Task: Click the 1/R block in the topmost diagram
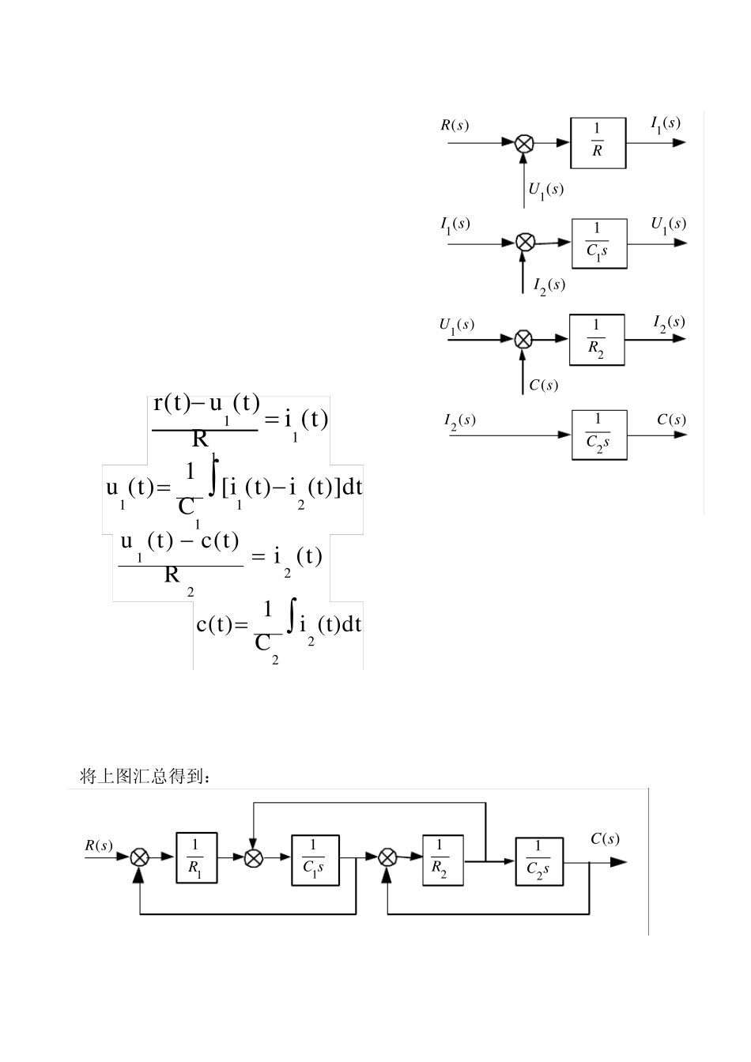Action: tap(598, 143)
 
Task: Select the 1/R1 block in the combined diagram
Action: tap(196, 857)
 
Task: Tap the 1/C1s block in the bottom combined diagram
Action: tap(314, 857)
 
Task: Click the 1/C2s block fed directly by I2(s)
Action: tap(598, 434)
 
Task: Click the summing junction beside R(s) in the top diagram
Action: tap(524, 143)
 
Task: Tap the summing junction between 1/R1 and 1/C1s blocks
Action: tap(253, 857)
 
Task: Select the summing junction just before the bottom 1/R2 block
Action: tap(387, 857)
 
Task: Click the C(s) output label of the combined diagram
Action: tap(605, 839)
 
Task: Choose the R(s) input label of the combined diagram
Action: tap(99, 845)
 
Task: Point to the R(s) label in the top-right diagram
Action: tap(455, 125)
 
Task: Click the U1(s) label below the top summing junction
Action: tap(545, 190)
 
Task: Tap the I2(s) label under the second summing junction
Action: tap(549, 284)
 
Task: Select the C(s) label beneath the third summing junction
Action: tap(544, 385)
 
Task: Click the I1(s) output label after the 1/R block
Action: tap(665, 123)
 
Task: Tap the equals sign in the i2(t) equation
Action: tap(258, 557)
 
